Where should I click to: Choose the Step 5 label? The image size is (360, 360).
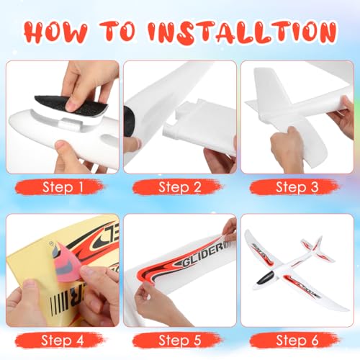180,340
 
